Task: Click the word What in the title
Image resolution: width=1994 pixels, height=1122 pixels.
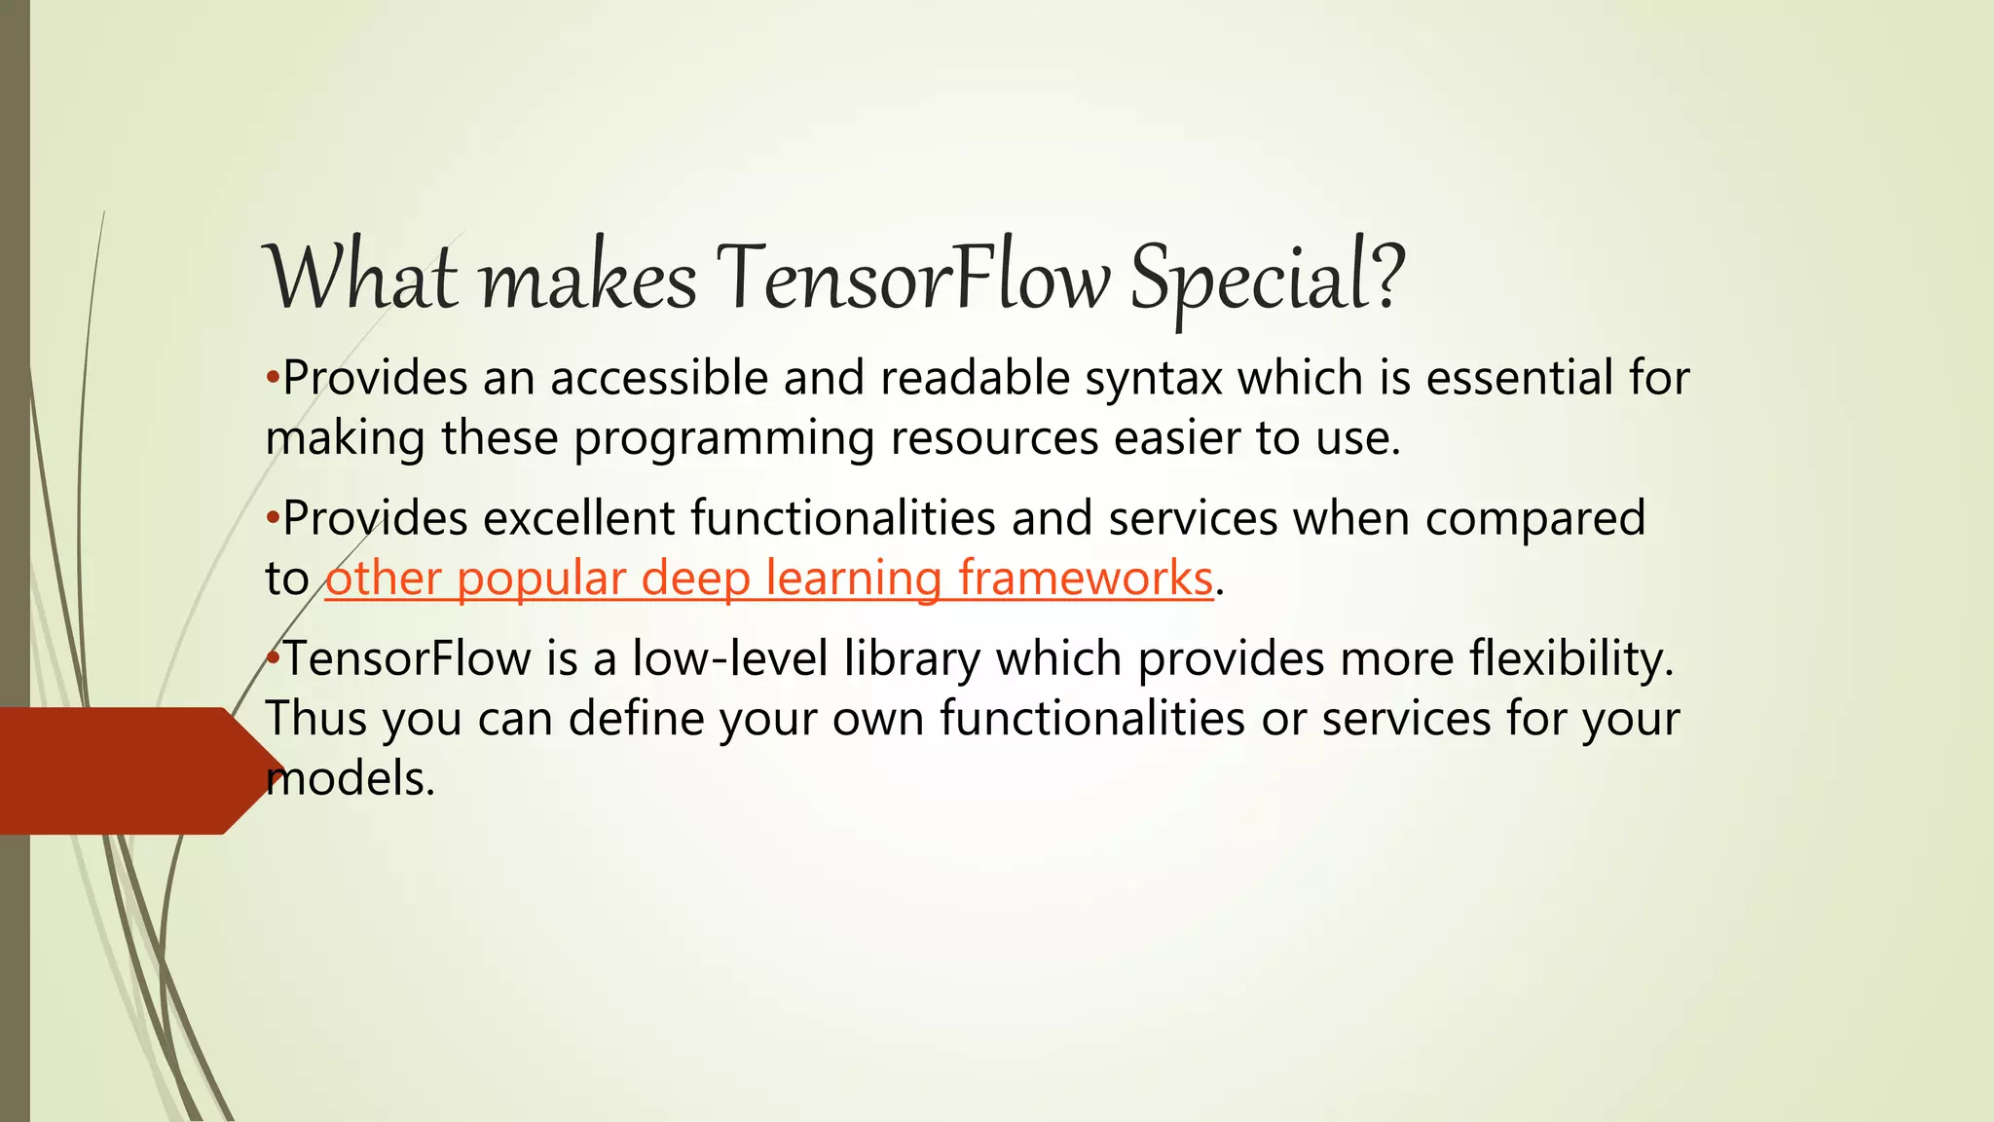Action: click(361, 279)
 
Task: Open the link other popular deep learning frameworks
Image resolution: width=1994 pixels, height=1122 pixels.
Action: click(769, 579)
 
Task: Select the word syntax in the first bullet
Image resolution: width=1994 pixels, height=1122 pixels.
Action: click(1154, 380)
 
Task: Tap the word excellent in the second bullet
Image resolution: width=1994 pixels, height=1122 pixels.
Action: click(579, 518)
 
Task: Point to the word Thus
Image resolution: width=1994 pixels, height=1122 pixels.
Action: click(315, 720)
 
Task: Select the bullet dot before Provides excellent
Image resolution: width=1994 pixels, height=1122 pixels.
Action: click(273, 517)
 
